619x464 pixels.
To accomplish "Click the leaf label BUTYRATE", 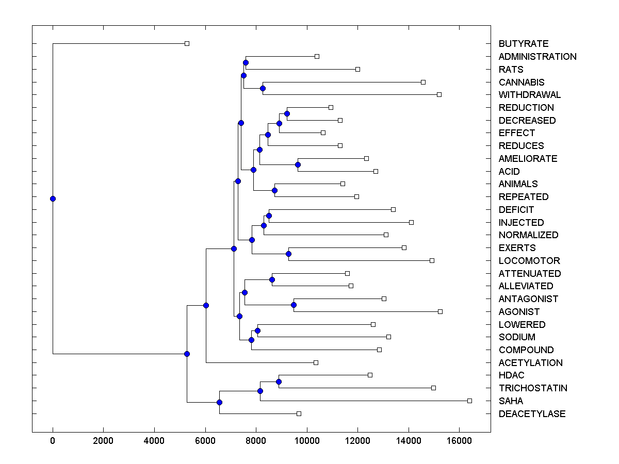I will click(x=524, y=44).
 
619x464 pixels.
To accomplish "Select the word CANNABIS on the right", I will click(x=522, y=82).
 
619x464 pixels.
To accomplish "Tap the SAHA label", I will click(x=511, y=401).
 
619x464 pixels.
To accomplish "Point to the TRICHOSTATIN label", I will click(x=533, y=388).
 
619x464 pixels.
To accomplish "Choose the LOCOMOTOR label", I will click(x=529, y=261).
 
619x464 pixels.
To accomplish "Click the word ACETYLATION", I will click(x=530, y=363).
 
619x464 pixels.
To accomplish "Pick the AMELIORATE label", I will click(x=528, y=159).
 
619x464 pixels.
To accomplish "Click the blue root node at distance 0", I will click(x=53, y=198).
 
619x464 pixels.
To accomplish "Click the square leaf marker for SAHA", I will click(x=469, y=401).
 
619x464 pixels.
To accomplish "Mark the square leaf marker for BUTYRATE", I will click(x=187, y=44).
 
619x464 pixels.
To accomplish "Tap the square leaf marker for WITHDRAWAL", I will click(x=439, y=94).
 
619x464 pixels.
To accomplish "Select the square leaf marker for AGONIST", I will click(x=440, y=311).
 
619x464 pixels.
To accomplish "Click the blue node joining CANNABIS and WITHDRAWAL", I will click(x=263, y=88).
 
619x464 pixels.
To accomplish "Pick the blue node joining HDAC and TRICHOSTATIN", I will click(x=279, y=382).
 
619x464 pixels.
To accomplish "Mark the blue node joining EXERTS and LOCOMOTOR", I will click(x=288, y=254).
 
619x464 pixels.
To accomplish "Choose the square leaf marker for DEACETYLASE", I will click(x=299, y=413).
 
